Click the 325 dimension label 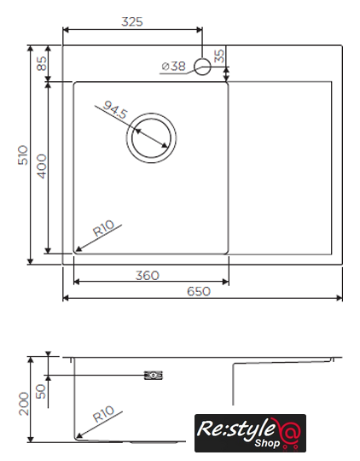(x=132, y=21)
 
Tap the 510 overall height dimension (x=23, y=155)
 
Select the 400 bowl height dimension (x=42, y=166)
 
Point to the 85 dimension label (x=42, y=63)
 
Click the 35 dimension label (x=219, y=56)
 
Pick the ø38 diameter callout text (x=174, y=66)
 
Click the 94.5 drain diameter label (x=115, y=109)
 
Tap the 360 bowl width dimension (x=148, y=276)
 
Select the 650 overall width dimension (x=199, y=291)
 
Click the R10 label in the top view (x=103, y=229)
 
